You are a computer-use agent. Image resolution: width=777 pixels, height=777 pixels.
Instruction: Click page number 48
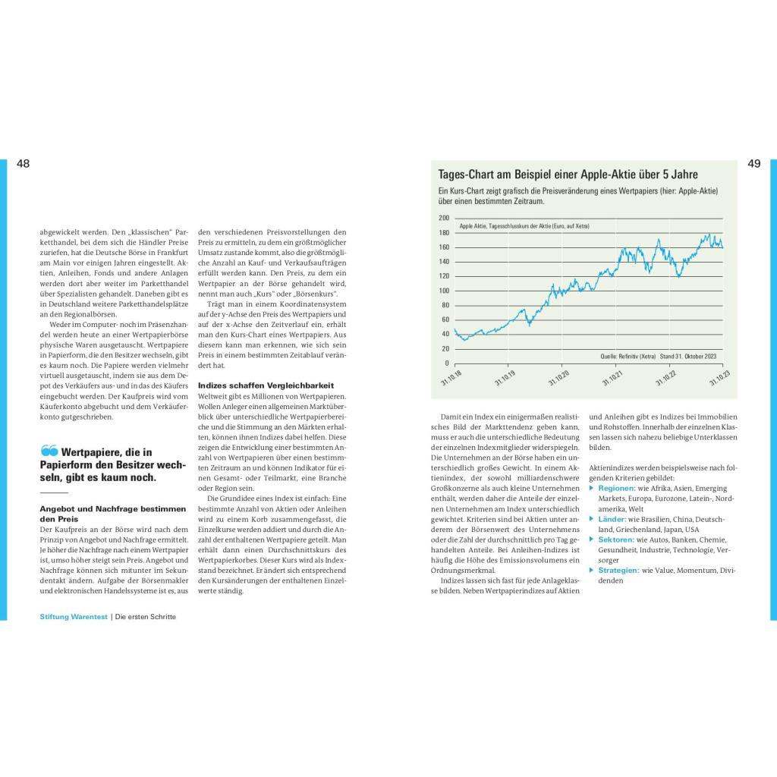(24, 164)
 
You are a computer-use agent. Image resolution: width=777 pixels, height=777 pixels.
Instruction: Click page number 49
(753, 164)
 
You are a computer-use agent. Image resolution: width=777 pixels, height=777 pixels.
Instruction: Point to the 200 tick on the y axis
(444, 218)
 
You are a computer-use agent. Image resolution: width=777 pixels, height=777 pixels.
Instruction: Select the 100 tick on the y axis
(444, 291)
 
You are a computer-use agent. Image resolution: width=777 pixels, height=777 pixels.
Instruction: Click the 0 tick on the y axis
(447, 363)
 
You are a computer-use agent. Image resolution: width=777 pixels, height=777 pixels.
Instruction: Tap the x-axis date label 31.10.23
(720, 378)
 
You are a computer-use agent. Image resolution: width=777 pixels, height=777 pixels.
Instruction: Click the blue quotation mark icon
(49, 451)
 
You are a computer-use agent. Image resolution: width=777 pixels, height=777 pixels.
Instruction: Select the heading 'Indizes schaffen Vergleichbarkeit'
(260, 385)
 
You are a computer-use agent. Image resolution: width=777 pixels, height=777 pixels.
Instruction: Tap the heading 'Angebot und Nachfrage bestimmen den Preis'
(112, 514)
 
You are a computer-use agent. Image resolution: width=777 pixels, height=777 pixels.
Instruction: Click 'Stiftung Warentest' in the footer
(74, 617)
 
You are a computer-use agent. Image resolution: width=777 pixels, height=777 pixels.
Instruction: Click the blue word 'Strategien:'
(619, 571)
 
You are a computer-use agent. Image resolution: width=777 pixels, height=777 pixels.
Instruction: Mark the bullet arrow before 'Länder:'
(592, 520)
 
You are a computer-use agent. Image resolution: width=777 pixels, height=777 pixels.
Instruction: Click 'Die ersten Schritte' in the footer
(146, 617)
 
